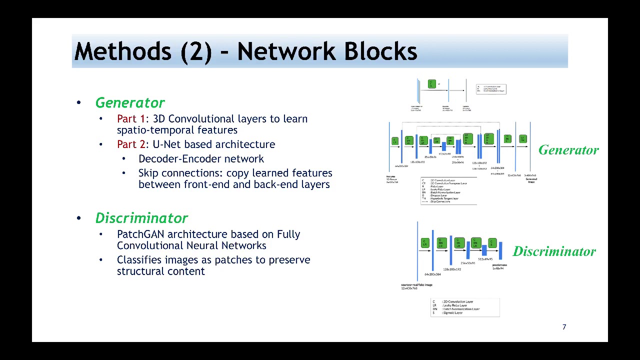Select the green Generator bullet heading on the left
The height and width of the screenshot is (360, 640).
[x=130, y=103]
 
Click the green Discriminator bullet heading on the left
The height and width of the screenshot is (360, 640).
[x=141, y=218]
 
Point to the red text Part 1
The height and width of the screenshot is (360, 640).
[x=130, y=119]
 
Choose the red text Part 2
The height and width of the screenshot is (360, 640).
[x=130, y=144]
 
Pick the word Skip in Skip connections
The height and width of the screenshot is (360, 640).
[x=148, y=173]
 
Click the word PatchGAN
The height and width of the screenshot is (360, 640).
[x=140, y=234]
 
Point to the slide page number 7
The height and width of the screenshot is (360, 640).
[x=564, y=327]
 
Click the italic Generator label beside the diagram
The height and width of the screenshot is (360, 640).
[x=568, y=150]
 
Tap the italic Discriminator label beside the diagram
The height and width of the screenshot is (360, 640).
[x=554, y=251]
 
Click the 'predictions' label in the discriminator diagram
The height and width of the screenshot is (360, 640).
[x=499, y=265]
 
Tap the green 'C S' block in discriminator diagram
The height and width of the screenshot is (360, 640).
[x=492, y=243]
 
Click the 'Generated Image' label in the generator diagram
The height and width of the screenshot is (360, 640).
[x=531, y=180]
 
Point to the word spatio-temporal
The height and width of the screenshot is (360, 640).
[x=177, y=130]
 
